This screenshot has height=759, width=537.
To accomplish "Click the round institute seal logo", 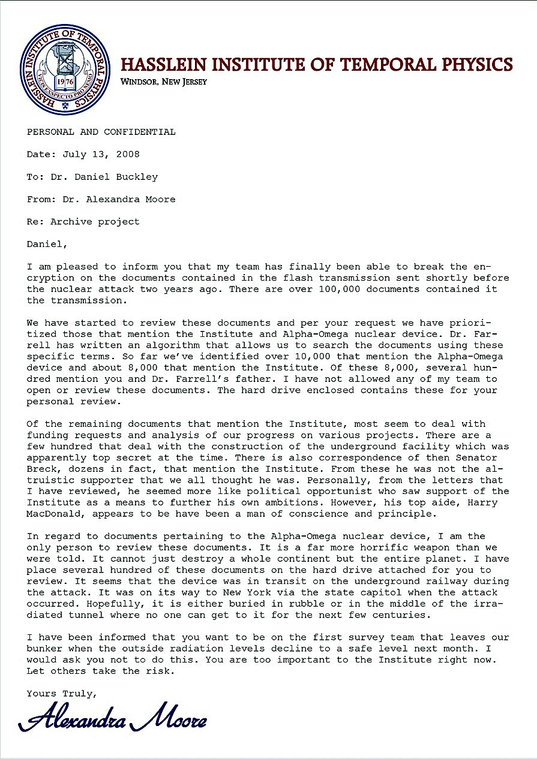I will point(66,70).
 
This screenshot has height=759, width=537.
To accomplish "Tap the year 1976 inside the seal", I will point(65,82).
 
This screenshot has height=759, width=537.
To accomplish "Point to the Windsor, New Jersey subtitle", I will point(164,82).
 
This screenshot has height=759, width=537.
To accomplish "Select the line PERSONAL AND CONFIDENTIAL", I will point(101,132).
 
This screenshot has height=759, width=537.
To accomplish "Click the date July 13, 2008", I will point(101,154).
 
